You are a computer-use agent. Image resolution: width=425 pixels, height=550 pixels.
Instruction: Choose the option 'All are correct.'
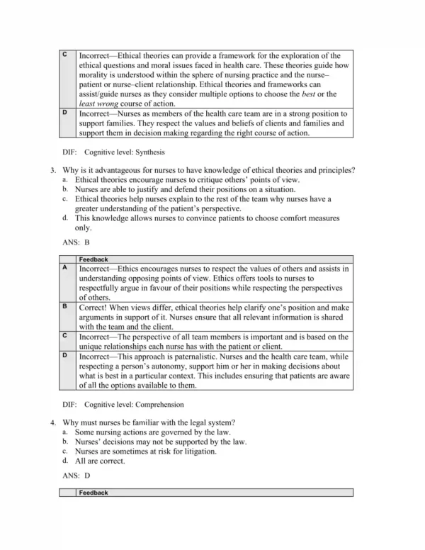pyautogui.click(x=100, y=460)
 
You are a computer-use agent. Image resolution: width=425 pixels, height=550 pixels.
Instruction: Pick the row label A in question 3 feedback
pyautogui.click(x=65, y=269)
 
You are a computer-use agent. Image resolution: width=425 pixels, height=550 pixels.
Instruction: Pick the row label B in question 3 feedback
pyautogui.click(x=65, y=307)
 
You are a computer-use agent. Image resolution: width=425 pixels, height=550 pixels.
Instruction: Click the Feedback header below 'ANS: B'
pyautogui.click(x=93, y=260)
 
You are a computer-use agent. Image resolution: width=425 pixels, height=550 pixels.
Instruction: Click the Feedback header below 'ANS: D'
pyautogui.click(x=93, y=492)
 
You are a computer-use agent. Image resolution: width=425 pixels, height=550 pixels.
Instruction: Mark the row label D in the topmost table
pyautogui.click(x=65, y=113)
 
